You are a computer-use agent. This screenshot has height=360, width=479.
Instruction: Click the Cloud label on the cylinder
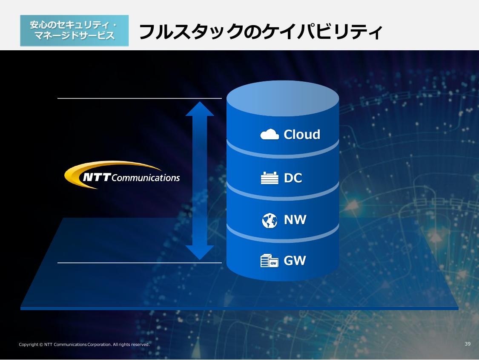point(302,135)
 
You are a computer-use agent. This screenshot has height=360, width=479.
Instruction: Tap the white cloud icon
point(270,135)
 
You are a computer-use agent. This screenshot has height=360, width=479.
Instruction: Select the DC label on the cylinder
point(293,178)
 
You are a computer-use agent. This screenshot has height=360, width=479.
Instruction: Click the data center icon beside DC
point(270,178)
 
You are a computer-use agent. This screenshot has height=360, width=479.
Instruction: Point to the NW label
point(295,220)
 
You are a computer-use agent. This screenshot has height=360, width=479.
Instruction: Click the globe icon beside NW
point(270,220)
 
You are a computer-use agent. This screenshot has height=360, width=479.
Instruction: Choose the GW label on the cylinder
point(295,260)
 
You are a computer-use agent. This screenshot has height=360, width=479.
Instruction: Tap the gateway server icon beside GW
point(270,260)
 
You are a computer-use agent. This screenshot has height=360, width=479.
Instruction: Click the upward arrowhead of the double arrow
point(200,109)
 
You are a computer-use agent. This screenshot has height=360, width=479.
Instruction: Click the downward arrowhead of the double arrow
point(200,253)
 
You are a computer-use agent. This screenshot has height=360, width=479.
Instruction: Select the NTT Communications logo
point(123,175)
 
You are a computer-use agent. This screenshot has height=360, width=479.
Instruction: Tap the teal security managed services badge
point(74,31)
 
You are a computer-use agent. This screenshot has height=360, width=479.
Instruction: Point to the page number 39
point(468,344)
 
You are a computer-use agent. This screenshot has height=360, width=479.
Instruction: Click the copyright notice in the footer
point(84,344)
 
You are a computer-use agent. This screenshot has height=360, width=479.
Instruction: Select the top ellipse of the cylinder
point(283,98)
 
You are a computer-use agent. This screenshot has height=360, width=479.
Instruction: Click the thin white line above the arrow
point(139,98)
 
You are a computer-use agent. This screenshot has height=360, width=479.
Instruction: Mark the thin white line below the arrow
point(139,263)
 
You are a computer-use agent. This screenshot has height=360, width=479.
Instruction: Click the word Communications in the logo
point(146,178)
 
